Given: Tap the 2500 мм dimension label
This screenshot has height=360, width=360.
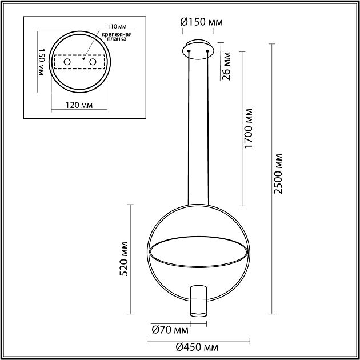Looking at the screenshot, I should click(x=278, y=174).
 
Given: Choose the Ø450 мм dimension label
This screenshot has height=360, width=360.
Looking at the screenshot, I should click(x=197, y=347).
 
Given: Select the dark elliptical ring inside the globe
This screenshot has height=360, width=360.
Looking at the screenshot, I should click(x=198, y=250).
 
